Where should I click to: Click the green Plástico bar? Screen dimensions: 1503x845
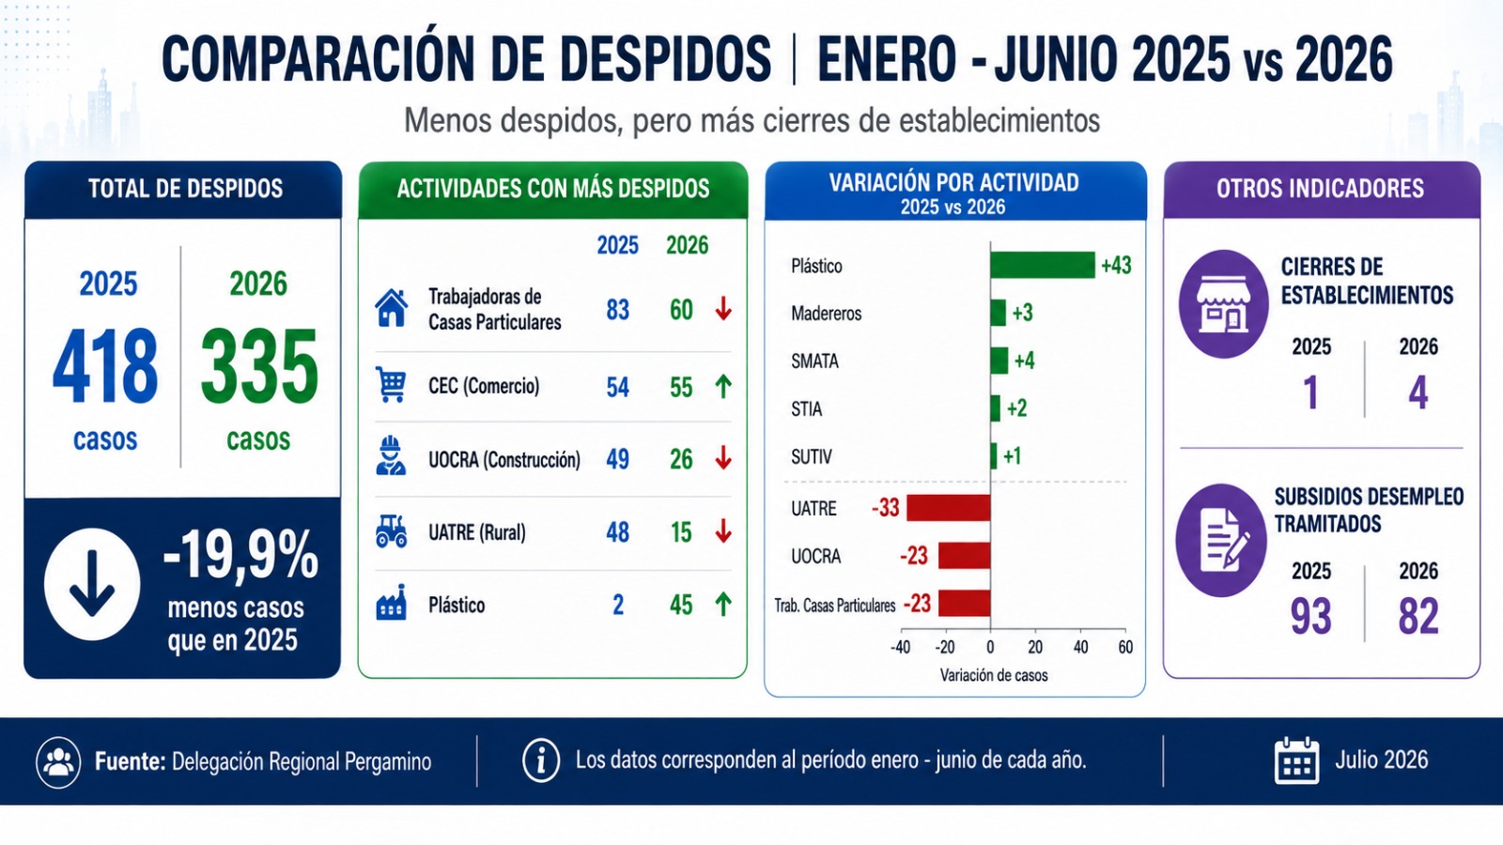pyautogui.click(x=1042, y=265)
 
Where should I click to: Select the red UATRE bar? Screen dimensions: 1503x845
pyautogui.click(x=949, y=508)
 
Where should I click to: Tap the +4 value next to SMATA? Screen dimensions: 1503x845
pyautogui.click(x=1024, y=361)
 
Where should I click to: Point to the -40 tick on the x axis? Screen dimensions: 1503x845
pyautogui.click(x=901, y=647)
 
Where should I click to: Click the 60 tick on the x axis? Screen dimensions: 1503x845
pyautogui.click(x=1125, y=647)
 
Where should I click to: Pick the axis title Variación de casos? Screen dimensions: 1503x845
pyautogui.click(x=994, y=675)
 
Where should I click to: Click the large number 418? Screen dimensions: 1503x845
pyautogui.click(x=105, y=366)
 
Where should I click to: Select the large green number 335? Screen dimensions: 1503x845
pyautogui.click(x=259, y=366)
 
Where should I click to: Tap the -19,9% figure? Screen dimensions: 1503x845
pyautogui.click(x=240, y=555)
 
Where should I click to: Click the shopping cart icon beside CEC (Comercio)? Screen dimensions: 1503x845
pyautogui.click(x=391, y=385)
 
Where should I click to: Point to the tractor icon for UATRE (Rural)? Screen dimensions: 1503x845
pyautogui.click(x=391, y=531)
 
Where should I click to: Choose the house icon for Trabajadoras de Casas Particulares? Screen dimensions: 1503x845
pyautogui.click(x=391, y=308)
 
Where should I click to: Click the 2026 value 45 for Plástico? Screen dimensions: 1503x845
pyautogui.click(x=681, y=605)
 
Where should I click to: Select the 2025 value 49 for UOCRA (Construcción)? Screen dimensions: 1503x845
pyautogui.click(x=618, y=459)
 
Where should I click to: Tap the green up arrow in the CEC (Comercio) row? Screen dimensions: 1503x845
pyautogui.click(x=722, y=386)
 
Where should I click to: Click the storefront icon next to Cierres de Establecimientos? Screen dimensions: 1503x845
pyautogui.click(x=1223, y=304)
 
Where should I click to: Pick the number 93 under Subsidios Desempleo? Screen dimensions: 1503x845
pyautogui.click(x=1311, y=616)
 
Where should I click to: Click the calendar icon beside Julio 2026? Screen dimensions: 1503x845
pyautogui.click(x=1296, y=760)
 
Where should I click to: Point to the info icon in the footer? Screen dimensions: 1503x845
pyautogui.click(x=541, y=760)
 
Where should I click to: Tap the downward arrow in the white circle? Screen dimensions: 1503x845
pyautogui.click(x=92, y=582)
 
